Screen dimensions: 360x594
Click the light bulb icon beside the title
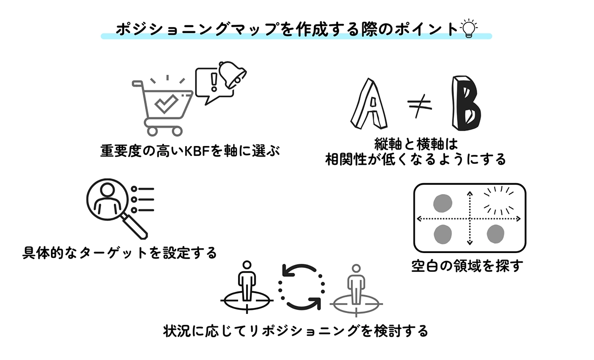click(x=468, y=28)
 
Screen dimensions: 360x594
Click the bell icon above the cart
click(x=232, y=75)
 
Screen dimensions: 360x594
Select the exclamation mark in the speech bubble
click(x=213, y=82)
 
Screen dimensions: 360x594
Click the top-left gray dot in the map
click(x=443, y=203)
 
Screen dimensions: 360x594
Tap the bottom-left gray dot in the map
click(x=443, y=234)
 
